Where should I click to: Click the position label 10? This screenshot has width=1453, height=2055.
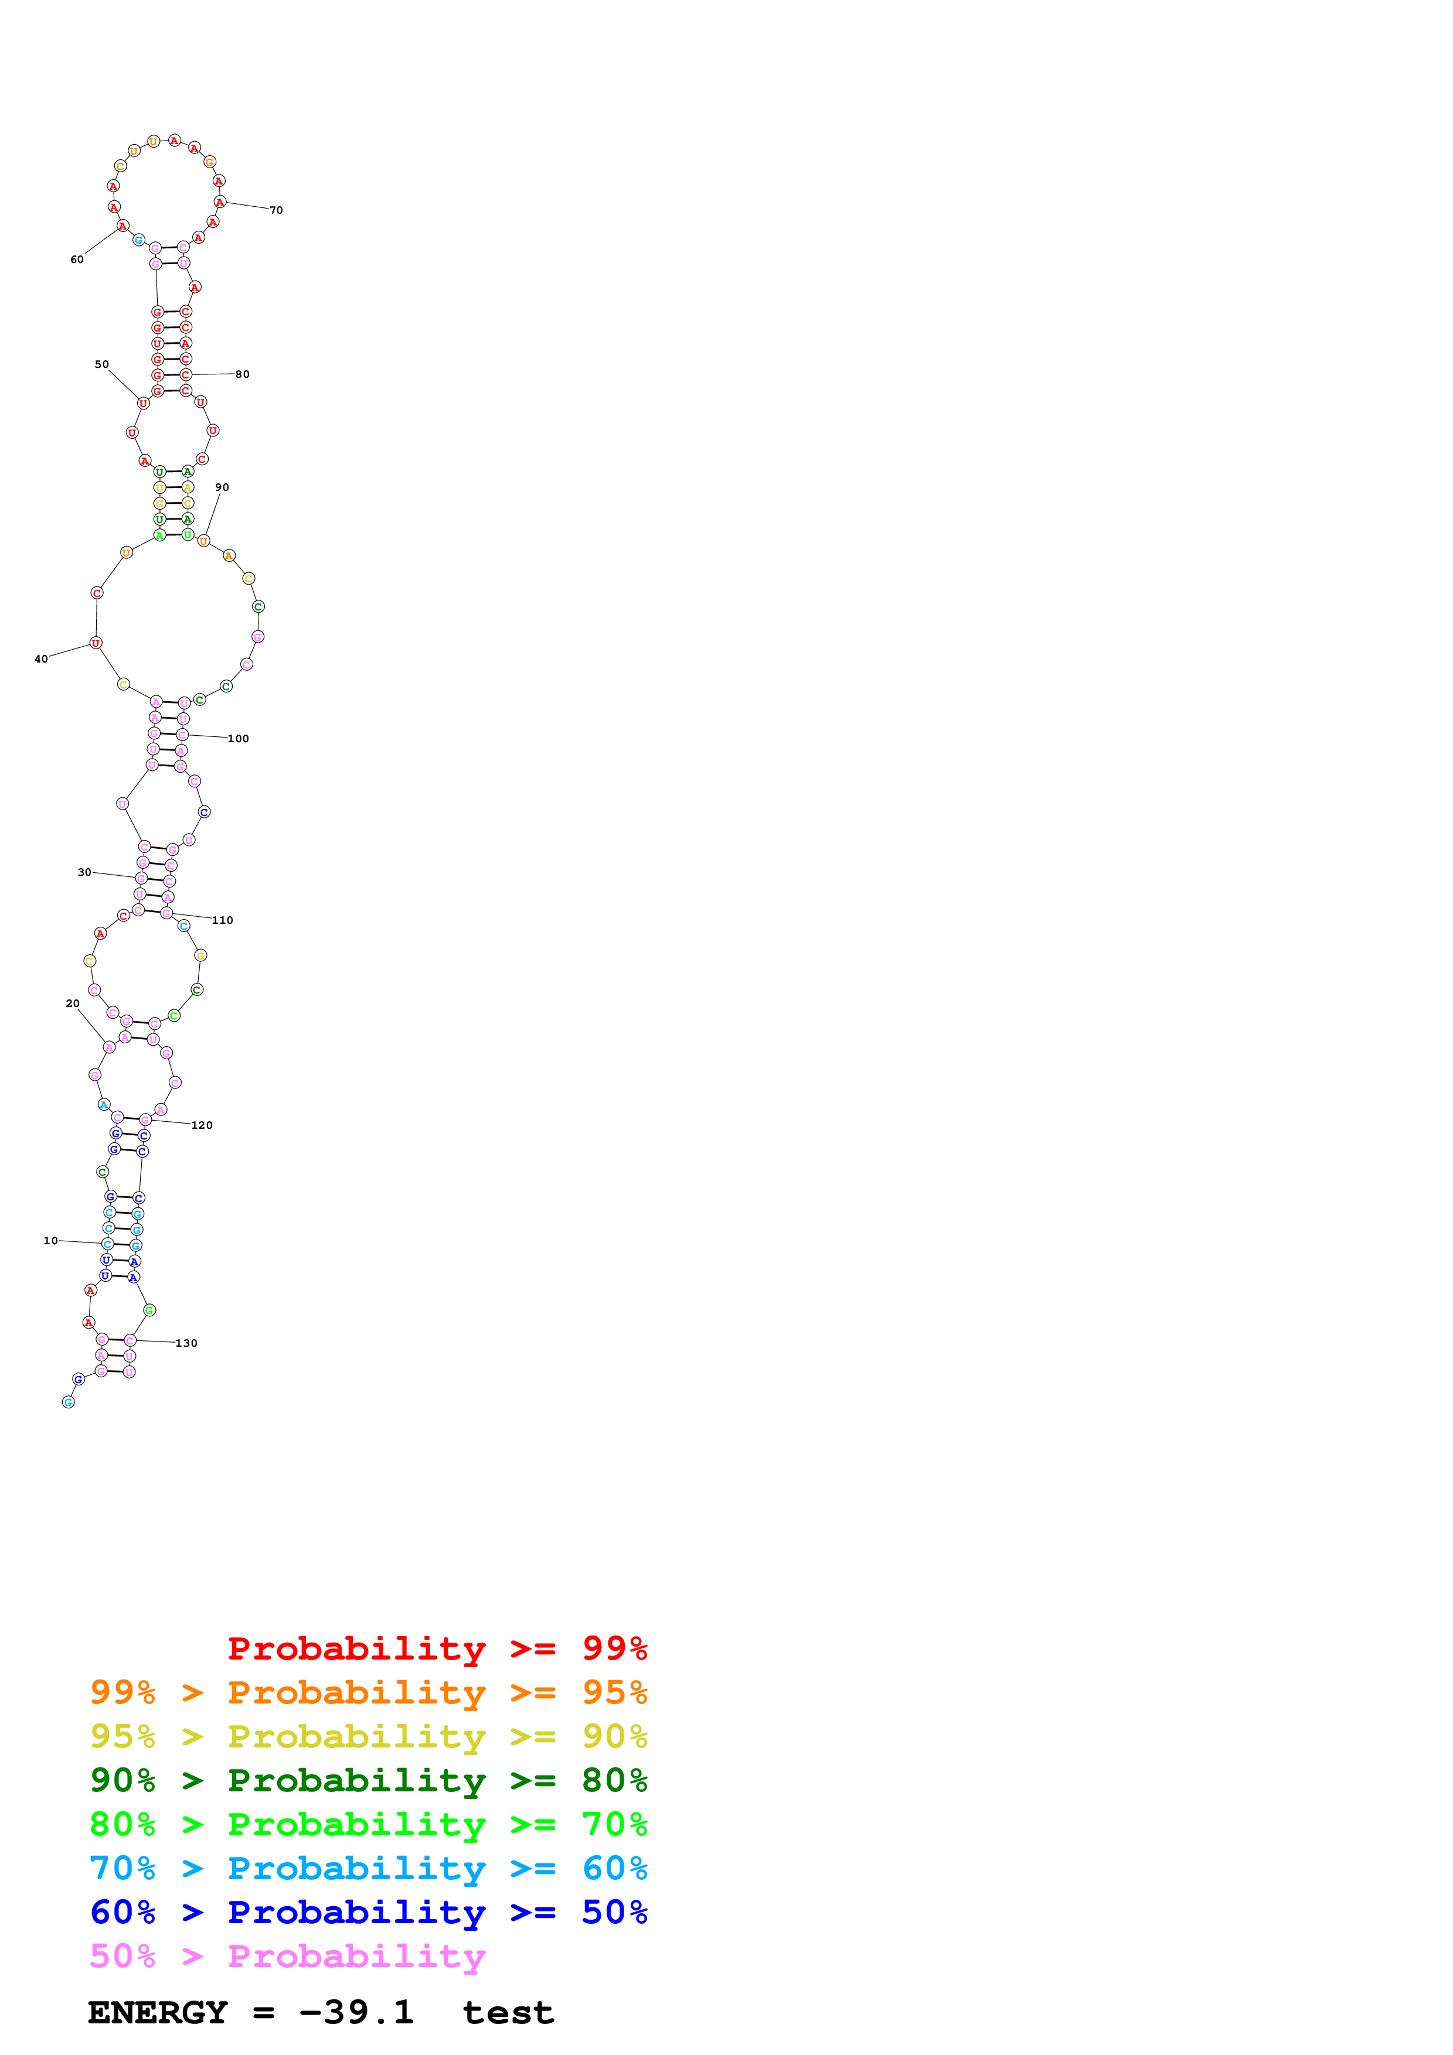pos(50,1241)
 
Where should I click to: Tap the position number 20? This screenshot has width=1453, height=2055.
pos(73,1003)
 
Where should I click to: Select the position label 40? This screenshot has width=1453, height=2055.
pos(41,659)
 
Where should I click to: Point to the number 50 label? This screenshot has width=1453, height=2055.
pos(102,364)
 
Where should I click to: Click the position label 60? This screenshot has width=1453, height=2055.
pos(77,260)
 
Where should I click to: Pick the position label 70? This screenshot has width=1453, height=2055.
pos(277,210)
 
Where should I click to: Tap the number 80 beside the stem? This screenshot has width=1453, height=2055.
pos(243,374)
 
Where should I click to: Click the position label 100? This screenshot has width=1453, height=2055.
pos(238,738)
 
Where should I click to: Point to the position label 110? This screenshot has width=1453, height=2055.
pos(223,920)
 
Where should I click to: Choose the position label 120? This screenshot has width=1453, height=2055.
pos(202,1125)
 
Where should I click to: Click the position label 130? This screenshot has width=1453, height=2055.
pos(186,1343)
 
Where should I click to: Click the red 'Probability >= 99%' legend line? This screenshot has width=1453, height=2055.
pos(437,1648)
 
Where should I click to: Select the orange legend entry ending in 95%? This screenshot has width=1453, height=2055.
pos(368,1692)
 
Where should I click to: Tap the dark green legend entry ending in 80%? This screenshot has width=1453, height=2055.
pos(368,1780)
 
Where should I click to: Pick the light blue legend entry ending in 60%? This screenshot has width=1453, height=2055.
pos(368,1868)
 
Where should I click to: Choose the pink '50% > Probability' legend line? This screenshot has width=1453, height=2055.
pos(287,1955)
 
